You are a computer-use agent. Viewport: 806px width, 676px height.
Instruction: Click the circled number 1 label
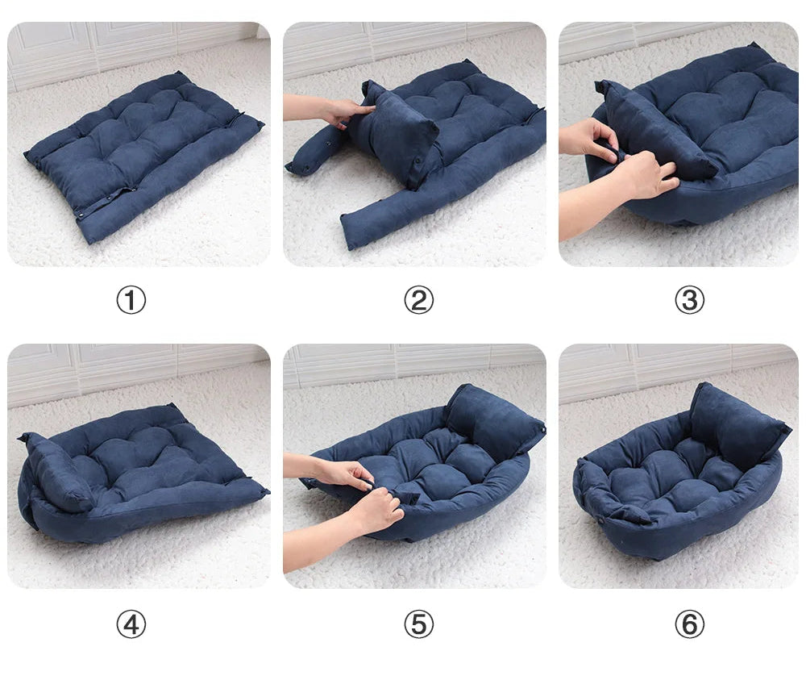[131, 301]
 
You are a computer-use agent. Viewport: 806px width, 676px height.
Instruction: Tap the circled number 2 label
[418, 301]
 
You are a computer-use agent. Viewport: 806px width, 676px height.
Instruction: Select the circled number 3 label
[688, 301]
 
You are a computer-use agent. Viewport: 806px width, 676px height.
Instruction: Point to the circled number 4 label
[131, 624]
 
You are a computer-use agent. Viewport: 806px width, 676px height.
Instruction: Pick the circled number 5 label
[418, 624]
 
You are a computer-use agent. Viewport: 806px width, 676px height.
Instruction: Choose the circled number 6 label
[688, 624]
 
